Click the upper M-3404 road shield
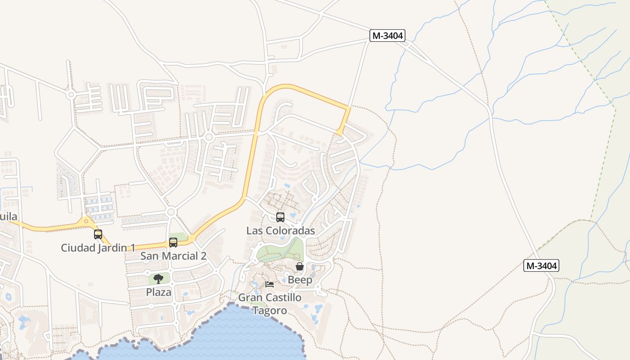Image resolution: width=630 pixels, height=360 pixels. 387,36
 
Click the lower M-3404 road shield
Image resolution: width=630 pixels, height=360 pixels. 542,265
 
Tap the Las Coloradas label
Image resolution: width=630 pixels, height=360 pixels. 280,231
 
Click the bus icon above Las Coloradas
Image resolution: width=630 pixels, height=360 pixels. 280,217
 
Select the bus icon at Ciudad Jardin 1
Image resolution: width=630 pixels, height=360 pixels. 98,234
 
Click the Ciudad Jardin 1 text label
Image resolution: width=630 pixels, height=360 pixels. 98,247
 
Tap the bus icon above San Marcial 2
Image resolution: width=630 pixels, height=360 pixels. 173,243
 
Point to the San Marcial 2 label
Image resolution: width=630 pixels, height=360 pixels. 173,256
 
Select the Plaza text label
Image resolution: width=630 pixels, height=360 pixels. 158,292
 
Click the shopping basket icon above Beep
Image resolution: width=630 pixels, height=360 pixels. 300,267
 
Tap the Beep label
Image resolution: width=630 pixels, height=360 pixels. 300,280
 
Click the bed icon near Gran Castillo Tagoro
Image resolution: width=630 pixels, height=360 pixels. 270,284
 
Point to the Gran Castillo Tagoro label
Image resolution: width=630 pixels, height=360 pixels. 270,304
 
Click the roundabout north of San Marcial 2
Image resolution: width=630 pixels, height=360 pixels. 171,212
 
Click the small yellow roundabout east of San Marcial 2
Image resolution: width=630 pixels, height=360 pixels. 192,238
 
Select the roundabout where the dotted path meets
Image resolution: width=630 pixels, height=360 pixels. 209,136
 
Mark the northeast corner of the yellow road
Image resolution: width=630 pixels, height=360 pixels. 349,108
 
